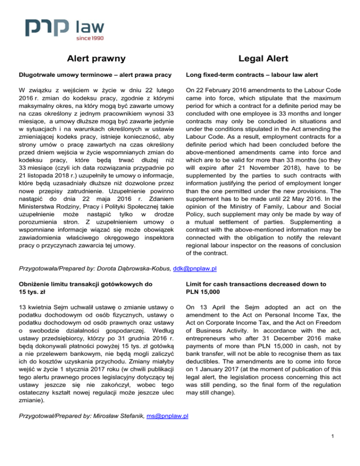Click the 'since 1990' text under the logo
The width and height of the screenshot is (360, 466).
(x=89, y=38)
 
